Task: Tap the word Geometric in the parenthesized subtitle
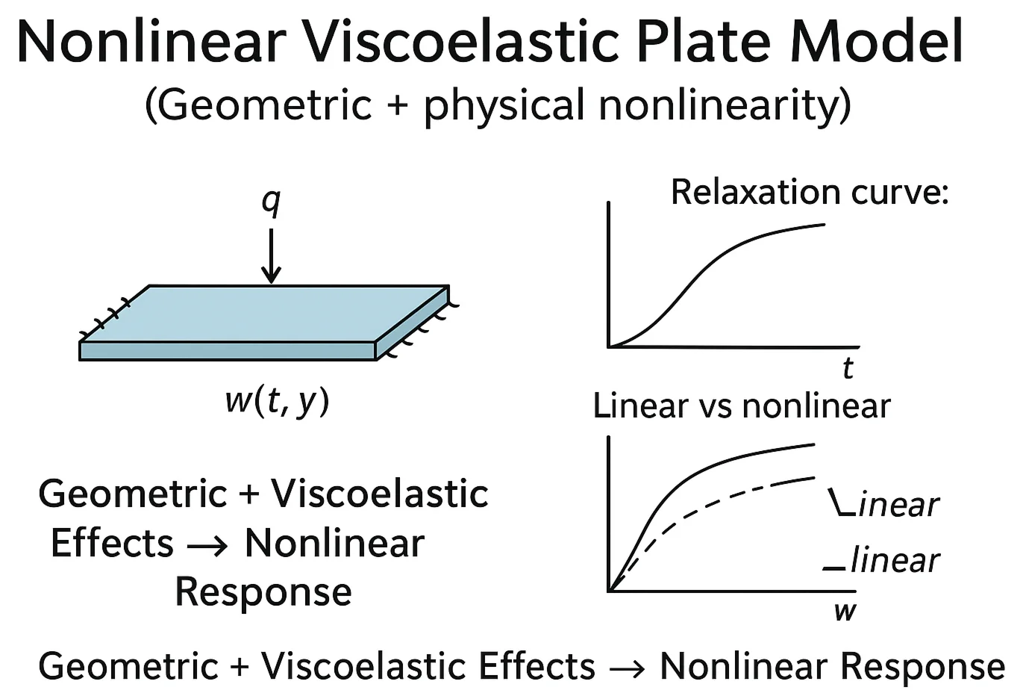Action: tap(265, 104)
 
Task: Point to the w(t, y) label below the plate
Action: tap(277, 401)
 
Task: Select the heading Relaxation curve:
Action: tap(810, 192)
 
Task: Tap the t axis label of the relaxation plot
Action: tap(848, 368)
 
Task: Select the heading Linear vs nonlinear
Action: tap(742, 406)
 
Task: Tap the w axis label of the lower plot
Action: tap(845, 611)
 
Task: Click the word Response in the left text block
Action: tap(263, 592)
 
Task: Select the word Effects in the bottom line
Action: tap(536, 666)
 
